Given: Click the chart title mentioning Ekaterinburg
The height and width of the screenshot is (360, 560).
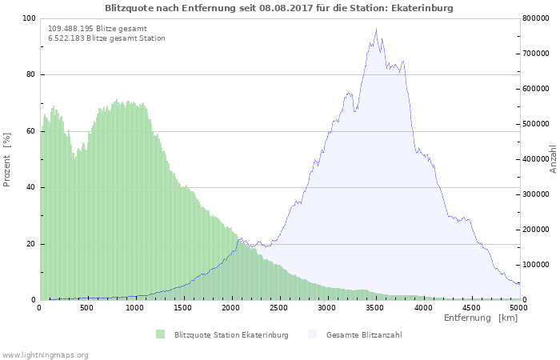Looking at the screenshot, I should tap(279, 8).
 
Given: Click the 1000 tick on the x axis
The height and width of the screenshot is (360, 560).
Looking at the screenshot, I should tap(135, 307).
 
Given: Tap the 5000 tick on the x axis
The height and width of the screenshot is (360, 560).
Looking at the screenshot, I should tap(518, 307).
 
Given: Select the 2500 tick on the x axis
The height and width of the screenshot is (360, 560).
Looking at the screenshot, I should tap(279, 307).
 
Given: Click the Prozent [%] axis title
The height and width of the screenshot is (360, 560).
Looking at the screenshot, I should tap(7, 160).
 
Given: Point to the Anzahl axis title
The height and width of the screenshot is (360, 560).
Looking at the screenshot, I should tap(553, 159).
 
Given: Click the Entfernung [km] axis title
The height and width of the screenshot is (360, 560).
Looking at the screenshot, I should tap(481, 318).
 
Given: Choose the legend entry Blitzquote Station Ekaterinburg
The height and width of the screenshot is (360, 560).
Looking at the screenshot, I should tap(230, 334).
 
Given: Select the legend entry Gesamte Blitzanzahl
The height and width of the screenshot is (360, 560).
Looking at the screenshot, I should tap(364, 334).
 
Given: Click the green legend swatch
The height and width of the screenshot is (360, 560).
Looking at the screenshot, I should tap(161, 334).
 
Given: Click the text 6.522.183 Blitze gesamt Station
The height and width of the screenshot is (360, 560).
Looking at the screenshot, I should tap(106, 38).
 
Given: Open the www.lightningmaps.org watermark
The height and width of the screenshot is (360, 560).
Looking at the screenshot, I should tap(45, 354).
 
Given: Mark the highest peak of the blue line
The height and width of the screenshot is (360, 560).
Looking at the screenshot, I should tap(376, 30).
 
